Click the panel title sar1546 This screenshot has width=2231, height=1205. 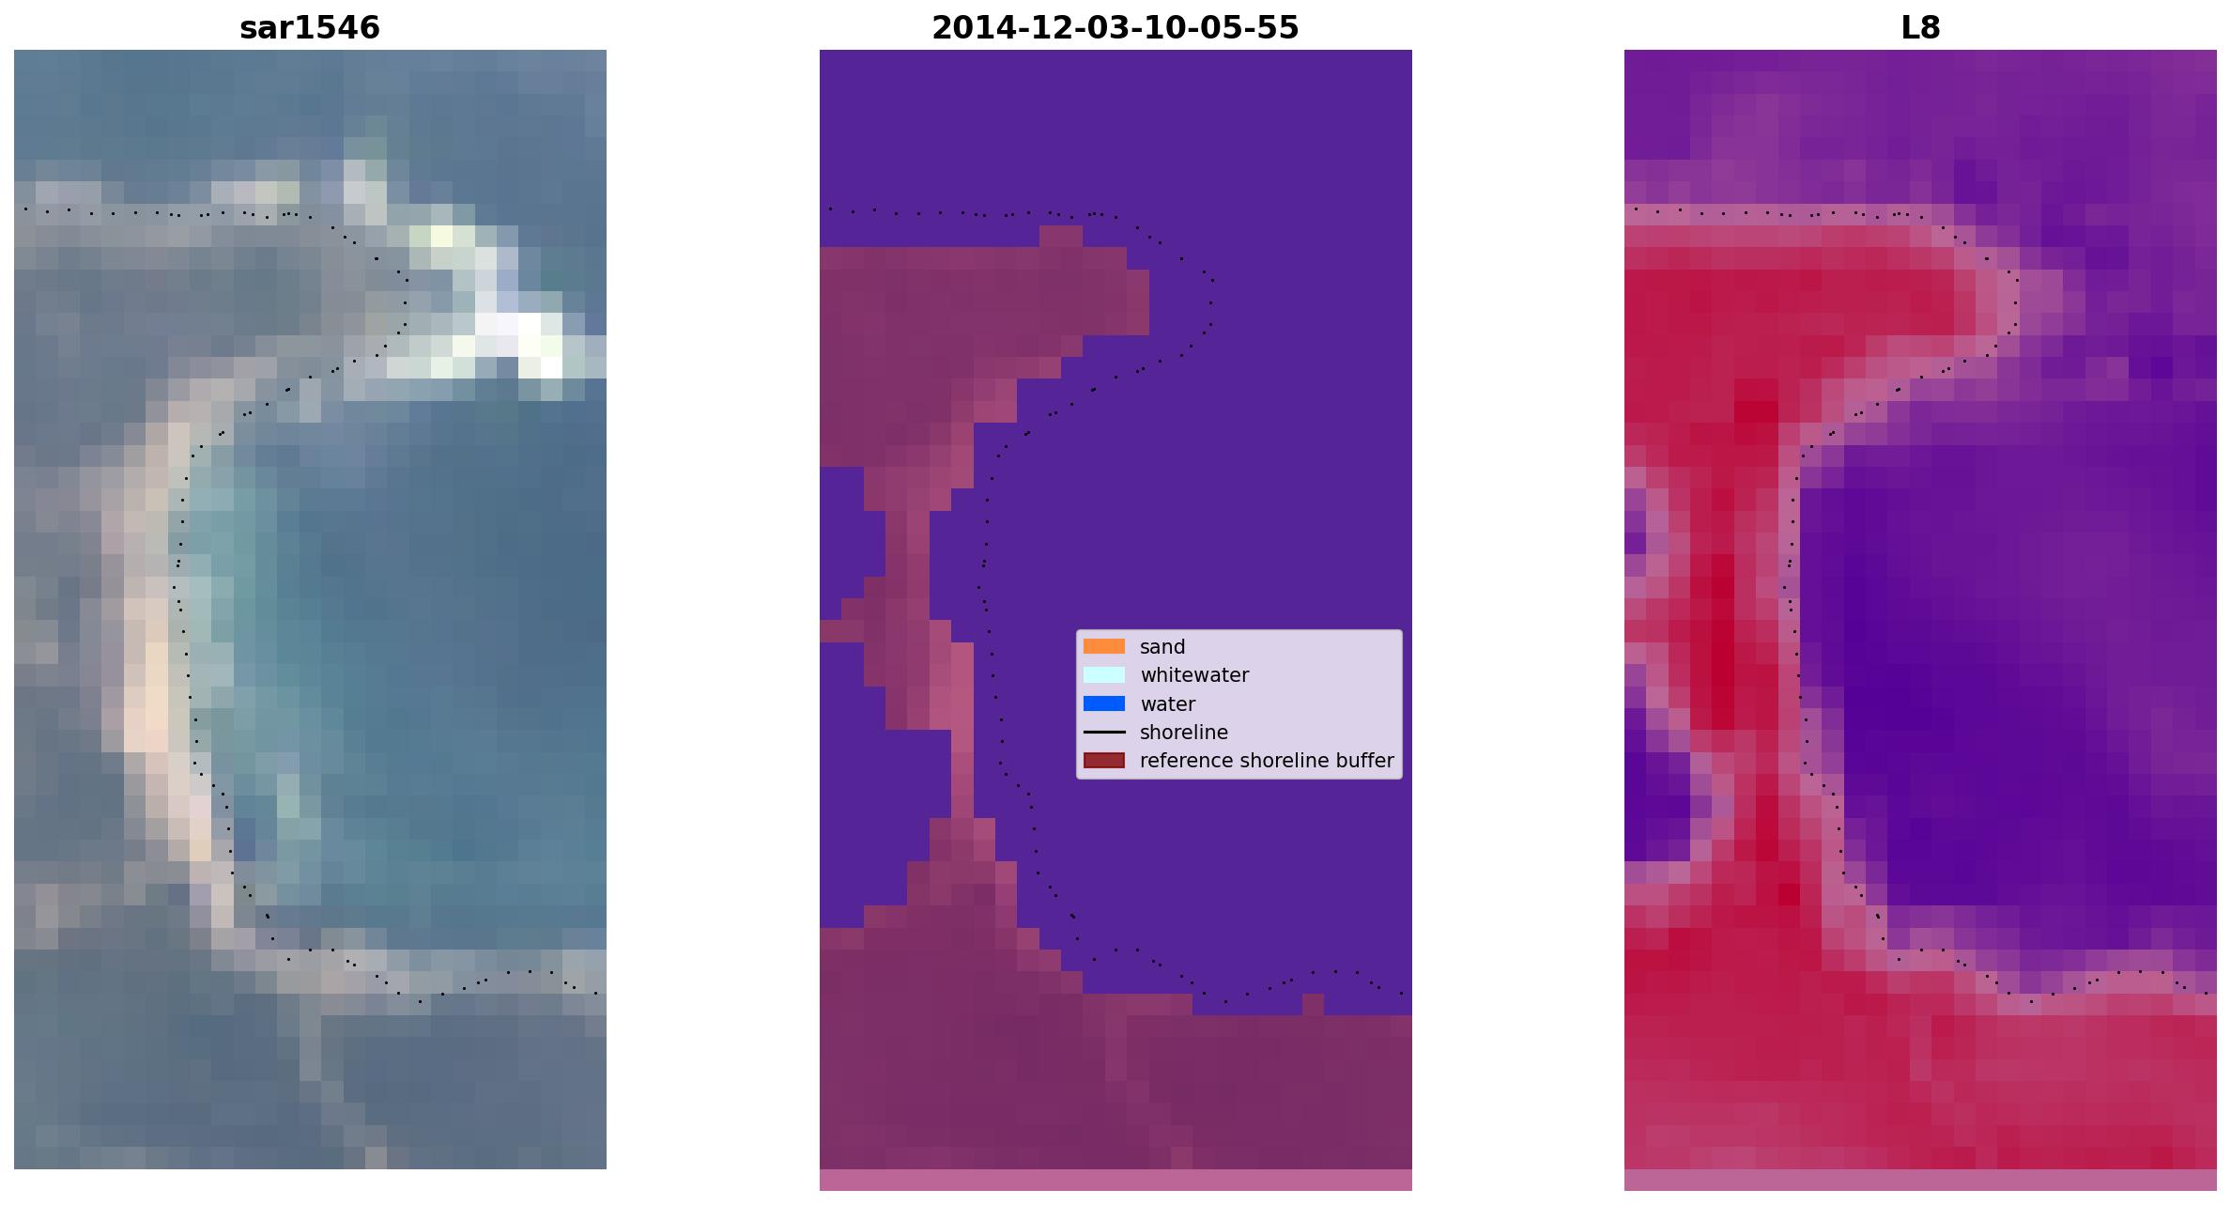[310, 28]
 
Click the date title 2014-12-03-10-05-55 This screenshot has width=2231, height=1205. [1115, 28]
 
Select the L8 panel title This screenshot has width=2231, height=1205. [1920, 28]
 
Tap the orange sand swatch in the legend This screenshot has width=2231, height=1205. [1104, 646]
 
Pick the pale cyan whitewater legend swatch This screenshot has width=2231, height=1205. [1104, 674]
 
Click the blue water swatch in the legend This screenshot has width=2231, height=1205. [1104, 703]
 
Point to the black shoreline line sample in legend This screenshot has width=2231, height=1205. [1104, 732]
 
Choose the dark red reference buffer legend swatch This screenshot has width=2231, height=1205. [1104, 760]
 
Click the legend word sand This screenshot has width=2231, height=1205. [1162, 647]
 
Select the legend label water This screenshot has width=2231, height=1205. [1167, 704]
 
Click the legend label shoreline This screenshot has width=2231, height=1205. [1184, 733]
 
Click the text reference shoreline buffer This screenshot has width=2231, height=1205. [1267, 761]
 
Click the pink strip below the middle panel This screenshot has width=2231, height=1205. [1115, 1180]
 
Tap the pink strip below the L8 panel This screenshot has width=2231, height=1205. [1920, 1180]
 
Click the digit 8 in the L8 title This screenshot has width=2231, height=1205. [1931, 28]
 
